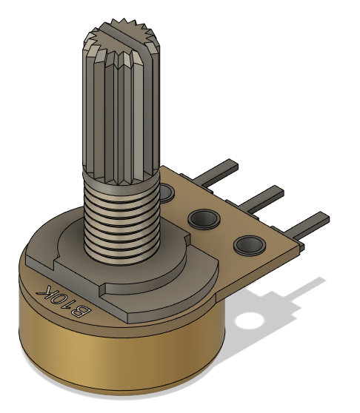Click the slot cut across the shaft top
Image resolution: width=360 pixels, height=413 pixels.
coord(121,35)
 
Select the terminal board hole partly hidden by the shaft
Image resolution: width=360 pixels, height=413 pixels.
coord(167,195)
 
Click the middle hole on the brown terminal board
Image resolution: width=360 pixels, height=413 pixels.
coord(203,218)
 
